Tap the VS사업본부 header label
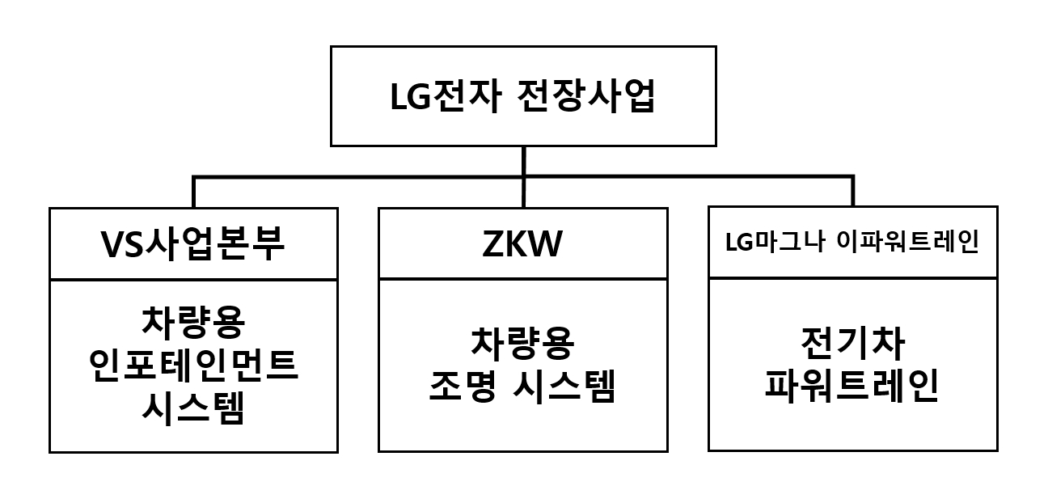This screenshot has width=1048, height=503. click(192, 245)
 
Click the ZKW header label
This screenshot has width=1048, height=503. click(522, 245)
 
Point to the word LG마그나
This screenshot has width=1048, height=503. click(766, 243)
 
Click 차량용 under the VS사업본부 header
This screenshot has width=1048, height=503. click(192, 322)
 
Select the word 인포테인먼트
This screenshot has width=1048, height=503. click(192, 366)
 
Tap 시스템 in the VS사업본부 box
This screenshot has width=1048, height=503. click(192, 410)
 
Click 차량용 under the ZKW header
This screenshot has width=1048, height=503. click(522, 344)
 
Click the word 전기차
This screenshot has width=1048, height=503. click(852, 344)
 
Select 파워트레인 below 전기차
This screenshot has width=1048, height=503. click(852, 388)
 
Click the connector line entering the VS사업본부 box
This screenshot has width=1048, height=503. click(194, 192)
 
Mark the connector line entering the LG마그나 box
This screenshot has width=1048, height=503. click(852, 192)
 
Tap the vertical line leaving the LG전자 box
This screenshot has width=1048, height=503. click(523, 160)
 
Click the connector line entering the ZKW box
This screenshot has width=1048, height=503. click(523, 192)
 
